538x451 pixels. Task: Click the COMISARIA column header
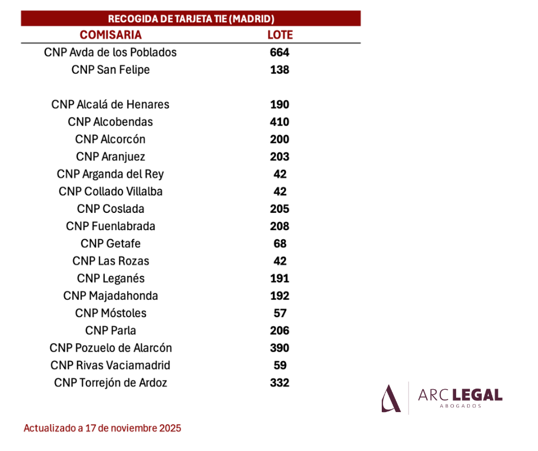click(110, 35)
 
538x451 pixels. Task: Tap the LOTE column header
click(280, 35)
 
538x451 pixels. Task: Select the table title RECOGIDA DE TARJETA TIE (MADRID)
click(191, 18)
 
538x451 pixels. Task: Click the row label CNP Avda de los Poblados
click(110, 52)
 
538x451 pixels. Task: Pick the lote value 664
click(280, 52)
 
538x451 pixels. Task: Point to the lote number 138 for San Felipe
click(280, 70)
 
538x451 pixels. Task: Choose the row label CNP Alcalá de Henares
click(110, 104)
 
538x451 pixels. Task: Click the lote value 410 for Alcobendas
click(280, 122)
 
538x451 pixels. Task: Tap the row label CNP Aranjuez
click(110, 157)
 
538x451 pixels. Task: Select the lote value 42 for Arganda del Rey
click(280, 174)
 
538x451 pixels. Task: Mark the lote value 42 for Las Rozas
click(280, 261)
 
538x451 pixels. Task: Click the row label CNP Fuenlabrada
click(110, 226)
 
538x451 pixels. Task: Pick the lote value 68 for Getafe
click(280, 244)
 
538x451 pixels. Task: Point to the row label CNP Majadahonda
click(110, 296)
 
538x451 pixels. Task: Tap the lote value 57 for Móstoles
click(280, 313)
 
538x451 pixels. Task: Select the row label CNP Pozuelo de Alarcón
click(110, 347)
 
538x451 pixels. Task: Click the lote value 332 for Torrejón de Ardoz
click(280, 383)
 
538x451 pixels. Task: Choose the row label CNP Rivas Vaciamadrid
click(110, 365)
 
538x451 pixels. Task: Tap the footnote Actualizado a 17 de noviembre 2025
click(102, 428)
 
